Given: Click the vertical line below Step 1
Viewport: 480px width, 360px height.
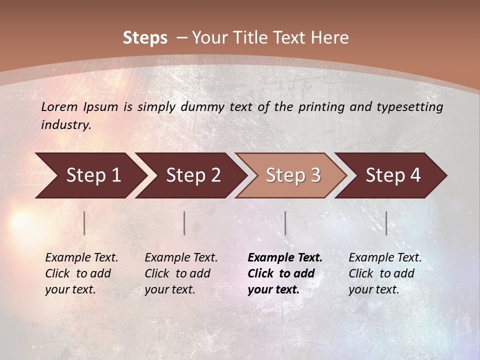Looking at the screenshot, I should (84, 223).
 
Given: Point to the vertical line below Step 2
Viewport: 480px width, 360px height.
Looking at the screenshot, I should (184, 223).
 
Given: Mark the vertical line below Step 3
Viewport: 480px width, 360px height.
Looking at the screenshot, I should (285, 223).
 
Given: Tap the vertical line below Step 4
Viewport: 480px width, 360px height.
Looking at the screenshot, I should (386, 223).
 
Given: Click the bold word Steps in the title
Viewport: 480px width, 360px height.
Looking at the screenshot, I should (145, 38).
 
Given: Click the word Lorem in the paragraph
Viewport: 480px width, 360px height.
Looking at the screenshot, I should (59, 106).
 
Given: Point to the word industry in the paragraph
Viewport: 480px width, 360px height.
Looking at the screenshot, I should (66, 124).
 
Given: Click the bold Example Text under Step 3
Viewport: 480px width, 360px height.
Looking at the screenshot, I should (285, 257).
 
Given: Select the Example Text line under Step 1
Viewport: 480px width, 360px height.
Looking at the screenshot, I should (81, 257).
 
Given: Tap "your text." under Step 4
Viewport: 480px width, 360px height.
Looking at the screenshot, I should (373, 289).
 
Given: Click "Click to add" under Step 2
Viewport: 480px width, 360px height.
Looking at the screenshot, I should (177, 273).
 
